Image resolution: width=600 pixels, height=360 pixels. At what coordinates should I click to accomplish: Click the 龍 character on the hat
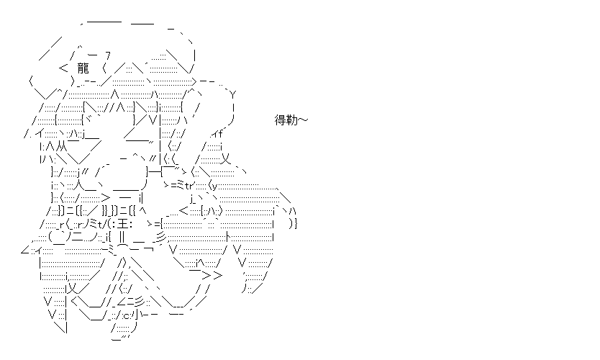pyautogui.click(x=83, y=68)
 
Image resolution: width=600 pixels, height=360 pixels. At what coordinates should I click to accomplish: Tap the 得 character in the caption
pyautogui.click(x=281, y=120)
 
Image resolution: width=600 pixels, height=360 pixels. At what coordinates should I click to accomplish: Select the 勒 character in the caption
pyautogui.click(x=291, y=120)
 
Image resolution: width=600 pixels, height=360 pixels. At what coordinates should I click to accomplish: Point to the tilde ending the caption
pyautogui.click(x=303, y=120)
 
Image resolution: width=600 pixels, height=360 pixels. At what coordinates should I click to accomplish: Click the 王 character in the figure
pyautogui.click(x=123, y=224)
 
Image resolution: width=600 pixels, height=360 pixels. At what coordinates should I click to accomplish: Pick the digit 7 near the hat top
pyautogui.click(x=107, y=56)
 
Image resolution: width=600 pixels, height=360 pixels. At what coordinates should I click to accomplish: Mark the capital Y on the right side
pyautogui.click(x=233, y=94)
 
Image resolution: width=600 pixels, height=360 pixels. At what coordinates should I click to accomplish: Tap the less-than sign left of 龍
pyautogui.click(x=63, y=68)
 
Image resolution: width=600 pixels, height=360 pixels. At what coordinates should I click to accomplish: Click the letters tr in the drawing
pyautogui.click(x=189, y=186)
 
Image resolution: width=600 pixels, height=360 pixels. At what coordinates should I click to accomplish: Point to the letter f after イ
pyautogui.click(x=220, y=134)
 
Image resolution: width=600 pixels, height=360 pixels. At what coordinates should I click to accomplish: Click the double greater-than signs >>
pyautogui.click(x=212, y=275)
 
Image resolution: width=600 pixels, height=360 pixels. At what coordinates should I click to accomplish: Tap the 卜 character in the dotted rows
pyautogui.click(x=228, y=237)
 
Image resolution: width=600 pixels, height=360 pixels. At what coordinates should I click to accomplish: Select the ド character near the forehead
pyautogui.click(x=88, y=120)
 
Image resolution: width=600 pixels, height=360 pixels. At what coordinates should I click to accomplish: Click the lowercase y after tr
pyautogui.click(x=214, y=187)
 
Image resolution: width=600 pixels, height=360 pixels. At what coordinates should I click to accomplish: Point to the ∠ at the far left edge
pyautogui.click(x=25, y=250)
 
